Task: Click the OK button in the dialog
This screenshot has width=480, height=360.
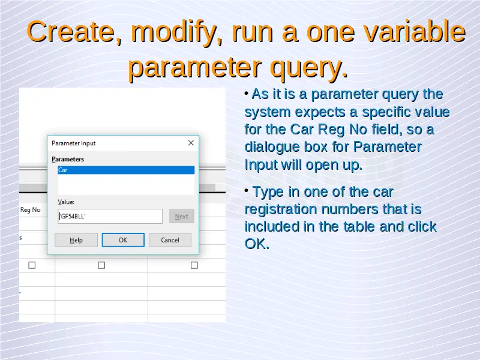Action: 123,240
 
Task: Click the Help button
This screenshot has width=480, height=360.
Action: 76,240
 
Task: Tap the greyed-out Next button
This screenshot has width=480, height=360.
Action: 182,217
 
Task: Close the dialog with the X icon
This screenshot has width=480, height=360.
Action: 191,143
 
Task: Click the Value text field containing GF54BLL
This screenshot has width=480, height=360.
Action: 110,217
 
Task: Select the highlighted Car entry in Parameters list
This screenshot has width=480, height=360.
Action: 126,170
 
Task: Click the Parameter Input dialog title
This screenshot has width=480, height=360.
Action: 73,143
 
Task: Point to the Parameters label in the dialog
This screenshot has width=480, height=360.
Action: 68,159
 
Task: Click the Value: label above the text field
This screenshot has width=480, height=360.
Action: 66,202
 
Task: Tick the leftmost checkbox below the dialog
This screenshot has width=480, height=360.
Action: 32,265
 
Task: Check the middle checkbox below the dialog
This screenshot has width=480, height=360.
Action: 101,265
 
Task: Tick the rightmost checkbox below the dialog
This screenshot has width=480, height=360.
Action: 194,265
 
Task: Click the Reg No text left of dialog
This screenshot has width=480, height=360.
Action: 31,209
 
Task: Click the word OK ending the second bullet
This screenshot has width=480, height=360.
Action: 257,244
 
